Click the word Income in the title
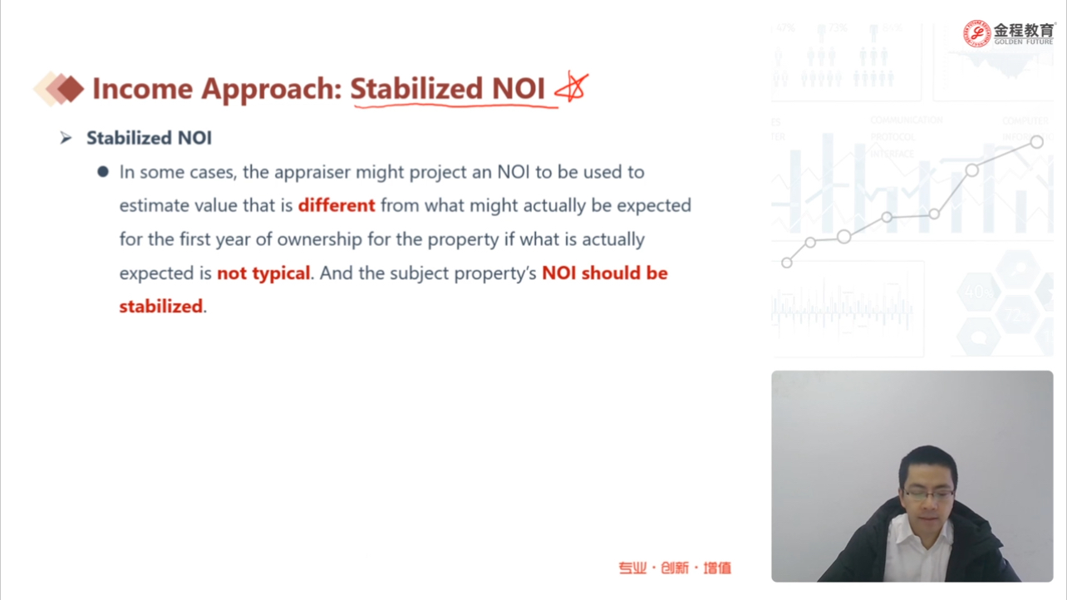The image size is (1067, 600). (142, 89)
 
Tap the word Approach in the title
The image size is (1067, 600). (272, 90)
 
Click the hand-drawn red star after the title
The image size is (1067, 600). (572, 86)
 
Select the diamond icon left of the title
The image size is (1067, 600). (59, 89)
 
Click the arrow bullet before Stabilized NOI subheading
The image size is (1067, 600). (66, 138)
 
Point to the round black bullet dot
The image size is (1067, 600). (103, 171)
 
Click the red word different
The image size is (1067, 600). (337, 205)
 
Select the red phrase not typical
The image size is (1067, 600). (263, 273)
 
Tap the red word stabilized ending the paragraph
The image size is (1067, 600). (161, 306)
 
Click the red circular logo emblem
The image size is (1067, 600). (976, 33)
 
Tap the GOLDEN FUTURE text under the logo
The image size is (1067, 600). (1024, 42)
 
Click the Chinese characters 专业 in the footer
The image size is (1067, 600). (632, 568)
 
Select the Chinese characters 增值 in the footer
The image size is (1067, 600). (717, 568)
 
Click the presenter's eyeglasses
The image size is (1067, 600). (928, 495)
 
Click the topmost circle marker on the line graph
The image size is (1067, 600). (1036, 142)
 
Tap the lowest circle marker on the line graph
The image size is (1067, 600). (787, 263)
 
